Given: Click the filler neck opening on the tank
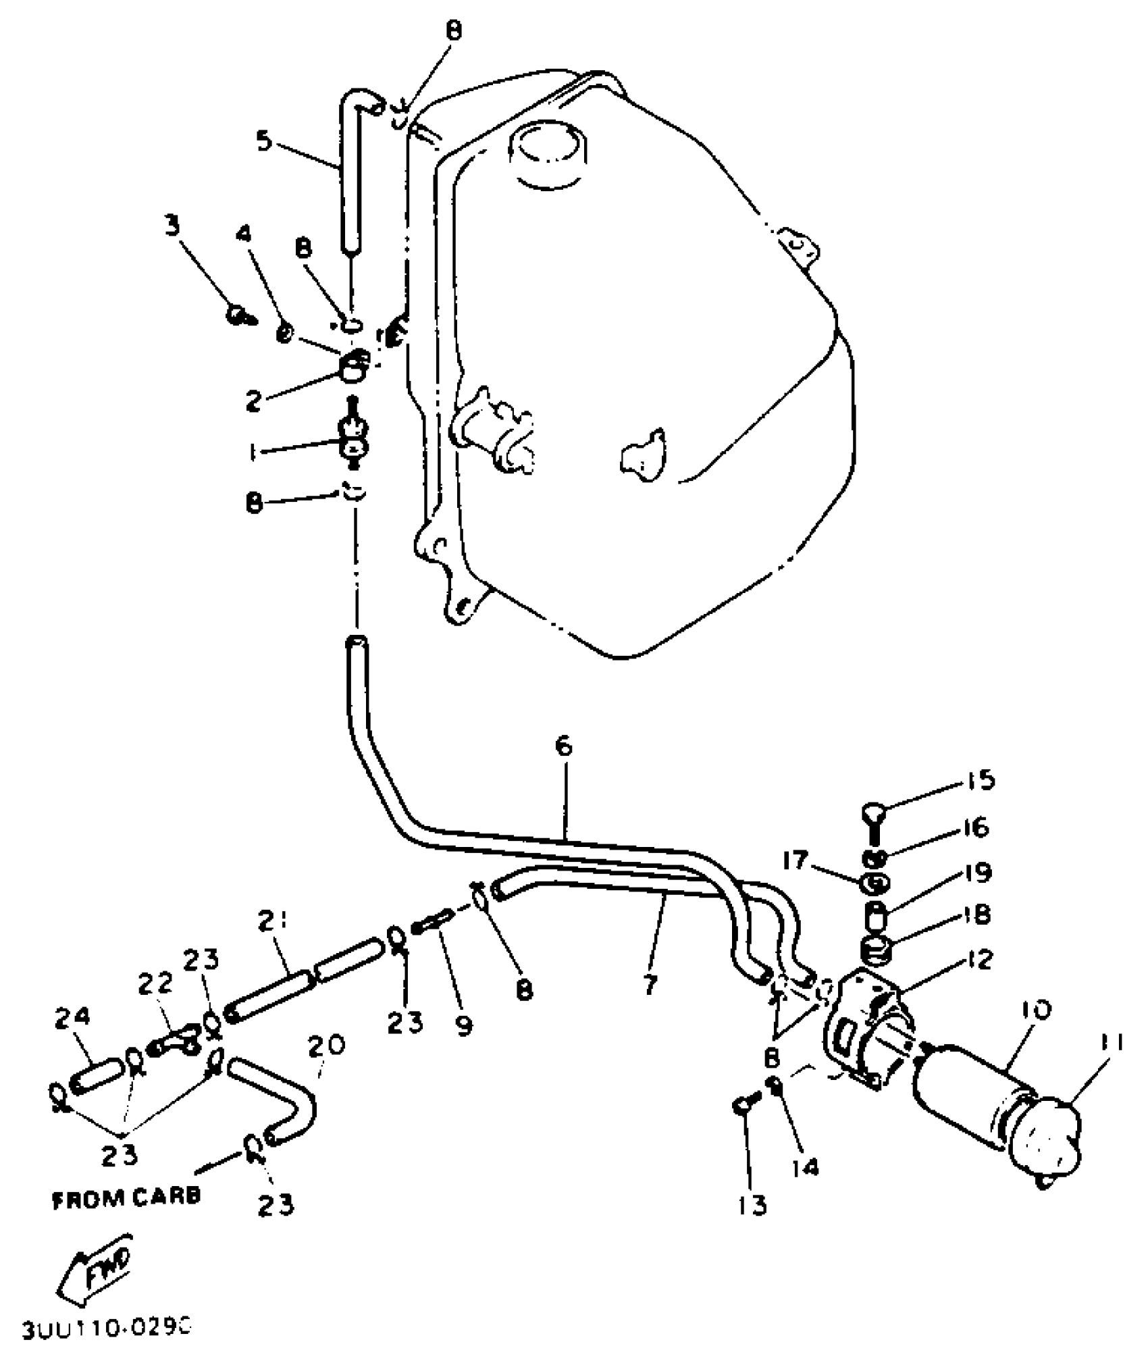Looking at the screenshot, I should click(x=548, y=152).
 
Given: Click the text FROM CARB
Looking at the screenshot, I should click(x=127, y=1196).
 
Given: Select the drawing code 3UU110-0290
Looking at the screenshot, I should click(x=107, y=1329).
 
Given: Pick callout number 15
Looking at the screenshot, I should click(x=979, y=780).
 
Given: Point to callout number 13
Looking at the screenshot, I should click(x=752, y=1204).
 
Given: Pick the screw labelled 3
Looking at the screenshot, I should click(x=238, y=314).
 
